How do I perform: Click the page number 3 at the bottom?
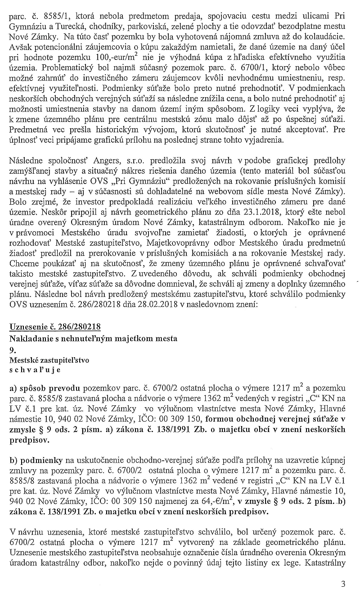[x=343, y=584]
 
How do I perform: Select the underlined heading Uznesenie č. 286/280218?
[x=54, y=326]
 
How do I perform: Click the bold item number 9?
[x=12, y=349]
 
